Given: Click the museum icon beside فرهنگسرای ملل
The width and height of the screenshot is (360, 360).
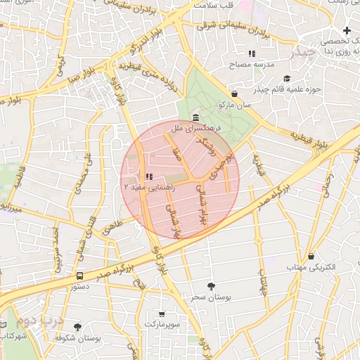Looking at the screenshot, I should pos(194,117).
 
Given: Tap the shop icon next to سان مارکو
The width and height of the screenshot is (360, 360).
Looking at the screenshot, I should pos(234,93).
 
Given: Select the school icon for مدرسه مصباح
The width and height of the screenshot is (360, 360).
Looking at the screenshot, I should pos(252,53).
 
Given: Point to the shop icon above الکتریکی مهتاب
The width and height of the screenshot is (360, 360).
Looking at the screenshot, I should pos(311,256).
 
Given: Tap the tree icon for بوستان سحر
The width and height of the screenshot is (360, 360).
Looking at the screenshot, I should pos(211,285).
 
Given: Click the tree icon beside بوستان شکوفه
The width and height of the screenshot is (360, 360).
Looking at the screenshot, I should pos(77,327).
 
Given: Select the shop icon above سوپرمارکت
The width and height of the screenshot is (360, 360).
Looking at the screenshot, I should pos(162,314).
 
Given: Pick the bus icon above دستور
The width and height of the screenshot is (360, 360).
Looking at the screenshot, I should pos(79,276).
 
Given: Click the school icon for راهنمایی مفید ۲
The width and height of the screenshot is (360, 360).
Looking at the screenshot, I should pos(148,177).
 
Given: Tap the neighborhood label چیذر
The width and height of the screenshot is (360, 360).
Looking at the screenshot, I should pos(306,53).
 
